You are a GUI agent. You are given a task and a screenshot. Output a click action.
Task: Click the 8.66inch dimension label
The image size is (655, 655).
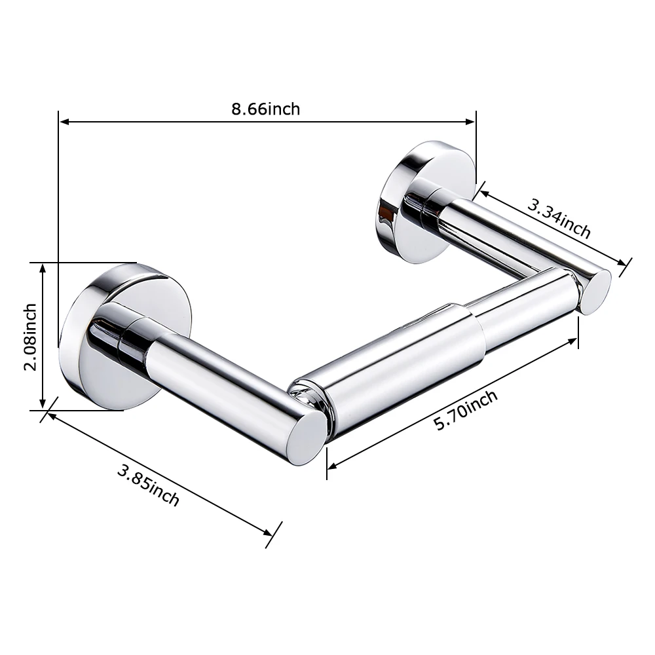pyautogui.click(x=266, y=109)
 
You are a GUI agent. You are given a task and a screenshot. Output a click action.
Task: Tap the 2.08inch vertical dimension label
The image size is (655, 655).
pyautogui.click(x=30, y=337)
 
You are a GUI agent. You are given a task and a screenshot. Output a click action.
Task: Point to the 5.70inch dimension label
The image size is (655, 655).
pyautogui.click(x=466, y=410)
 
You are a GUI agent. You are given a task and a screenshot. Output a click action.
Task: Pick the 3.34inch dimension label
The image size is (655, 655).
pyautogui.click(x=559, y=219)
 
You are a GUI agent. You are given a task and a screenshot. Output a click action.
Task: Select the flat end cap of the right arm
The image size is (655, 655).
pyautogui.click(x=597, y=292)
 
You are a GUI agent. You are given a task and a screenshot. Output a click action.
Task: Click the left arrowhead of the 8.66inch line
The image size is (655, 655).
pyautogui.click(x=64, y=122)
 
